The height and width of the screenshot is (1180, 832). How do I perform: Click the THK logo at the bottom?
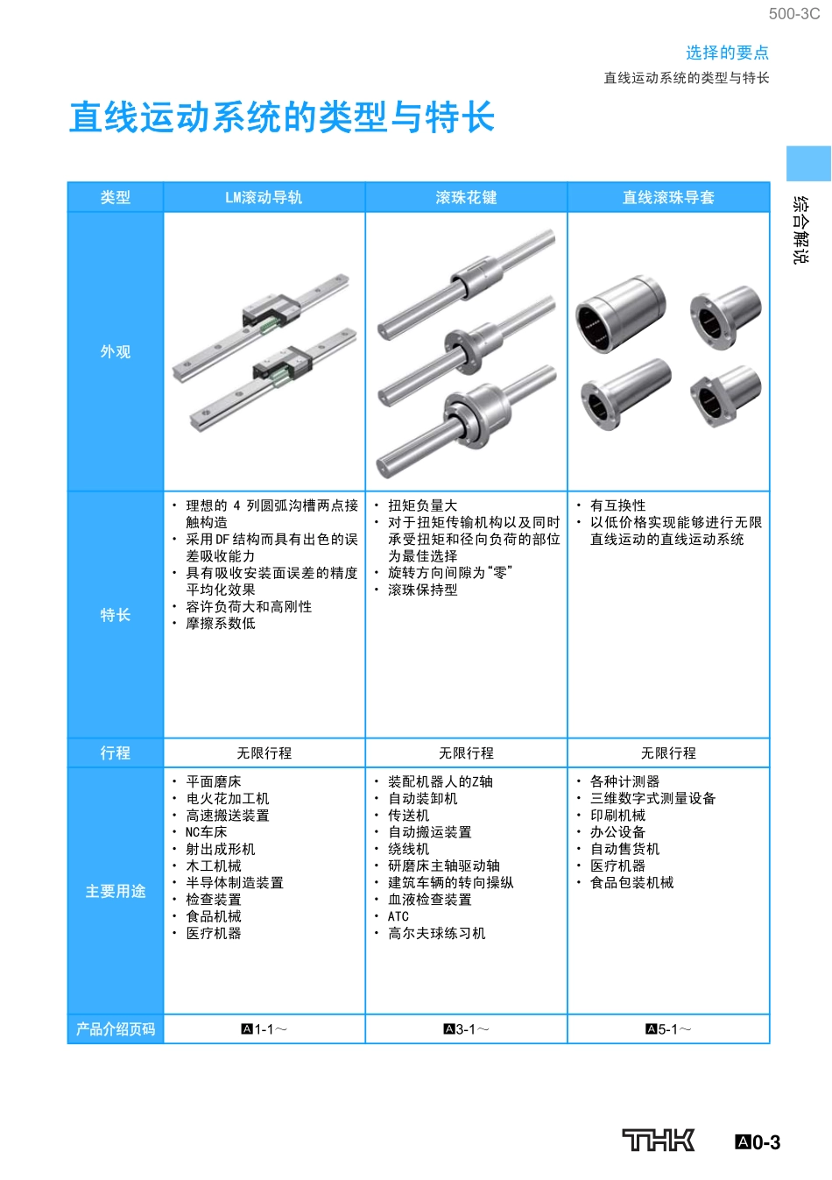(659, 1140)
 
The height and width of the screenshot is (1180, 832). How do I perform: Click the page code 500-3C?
(794, 14)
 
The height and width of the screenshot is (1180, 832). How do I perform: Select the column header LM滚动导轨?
(264, 198)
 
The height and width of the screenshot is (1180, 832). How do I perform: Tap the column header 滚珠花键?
(466, 198)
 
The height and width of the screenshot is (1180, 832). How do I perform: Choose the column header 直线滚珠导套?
(668, 198)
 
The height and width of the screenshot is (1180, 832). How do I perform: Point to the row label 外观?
(116, 351)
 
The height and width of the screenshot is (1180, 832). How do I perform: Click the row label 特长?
(116, 615)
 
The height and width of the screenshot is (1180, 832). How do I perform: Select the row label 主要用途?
(116, 891)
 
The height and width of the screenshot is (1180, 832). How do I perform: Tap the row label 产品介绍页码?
(116, 1029)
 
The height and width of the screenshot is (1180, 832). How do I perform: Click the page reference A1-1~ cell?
(264, 1029)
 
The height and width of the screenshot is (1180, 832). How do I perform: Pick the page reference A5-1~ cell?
(668, 1029)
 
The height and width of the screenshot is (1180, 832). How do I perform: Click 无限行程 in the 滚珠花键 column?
(466, 753)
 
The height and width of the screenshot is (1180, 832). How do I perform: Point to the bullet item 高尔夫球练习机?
(436, 934)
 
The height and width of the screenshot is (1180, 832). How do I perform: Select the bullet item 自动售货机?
(624, 849)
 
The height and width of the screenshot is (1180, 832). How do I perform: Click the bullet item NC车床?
(206, 832)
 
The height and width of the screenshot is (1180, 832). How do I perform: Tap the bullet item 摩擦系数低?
(221, 624)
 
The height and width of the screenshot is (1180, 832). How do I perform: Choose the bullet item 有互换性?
(617, 505)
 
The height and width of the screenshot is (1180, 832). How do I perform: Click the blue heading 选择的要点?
(727, 53)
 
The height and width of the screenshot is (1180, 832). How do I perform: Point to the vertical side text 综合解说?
(800, 230)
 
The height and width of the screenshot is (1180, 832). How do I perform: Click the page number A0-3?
(758, 1142)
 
